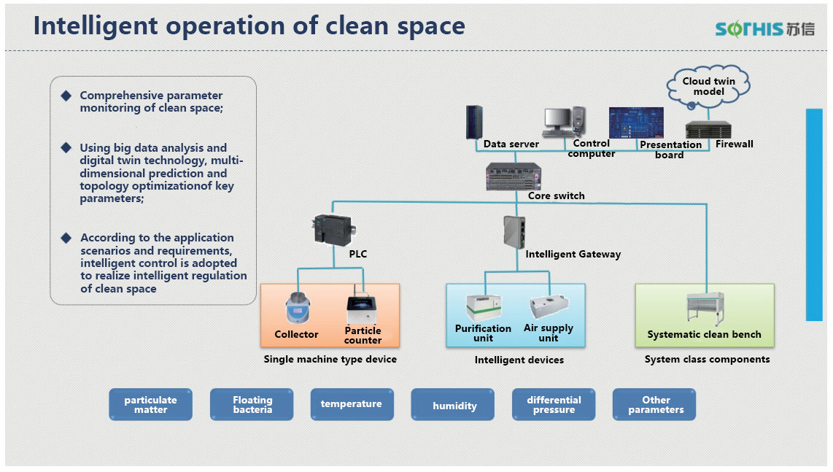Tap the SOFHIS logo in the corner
click(x=764, y=28)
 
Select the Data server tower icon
click(x=475, y=123)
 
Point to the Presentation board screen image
click(x=636, y=123)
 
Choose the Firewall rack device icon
click(x=708, y=130)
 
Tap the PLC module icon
click(x=330, y=228)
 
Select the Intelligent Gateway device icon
click(x=511, y=232)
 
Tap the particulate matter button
click(x=151, y=405)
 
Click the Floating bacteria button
click(x=252, y=405)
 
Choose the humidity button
click(x=454, y=406)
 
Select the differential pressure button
click(x=554, y=405)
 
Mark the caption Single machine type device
click(x=330, y=359)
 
